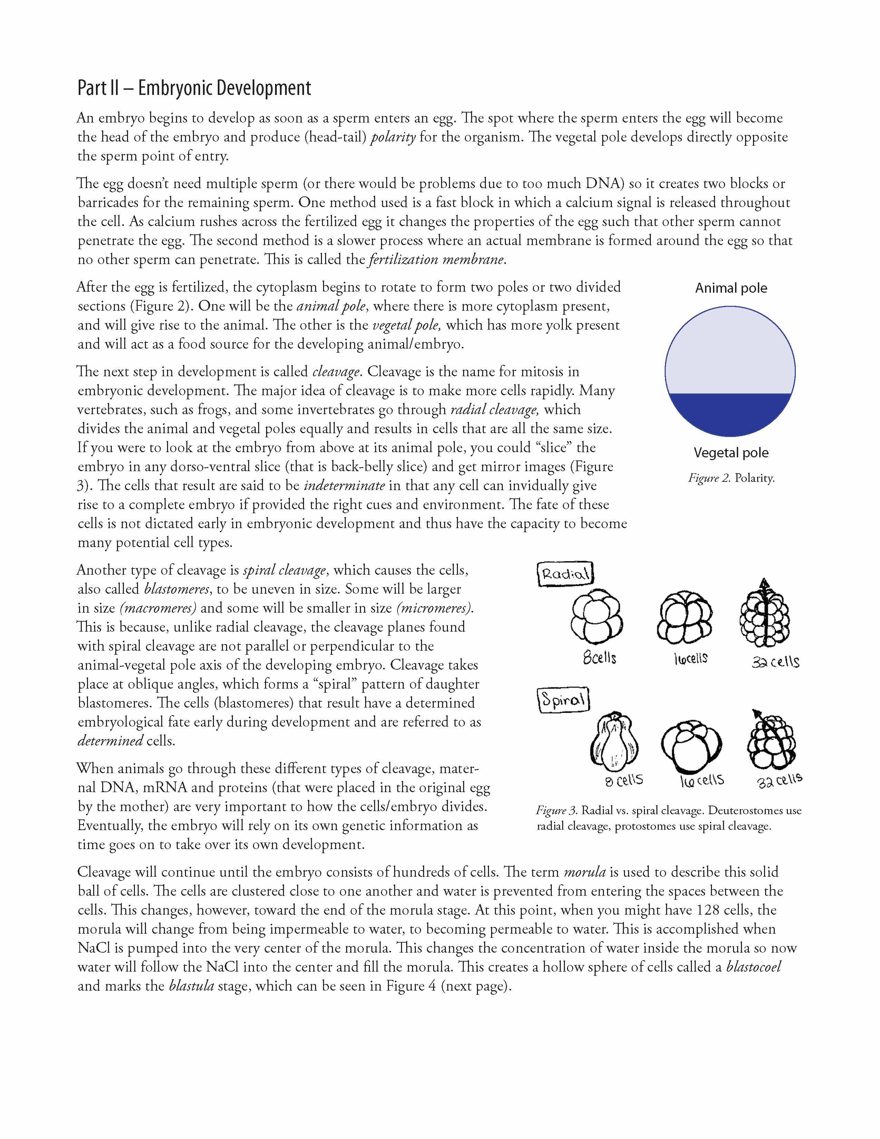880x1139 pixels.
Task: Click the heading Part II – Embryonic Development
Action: [x=194, y=88]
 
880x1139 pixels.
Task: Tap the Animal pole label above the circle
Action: [x=731, y=289]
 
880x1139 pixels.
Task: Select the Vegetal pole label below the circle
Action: [x=731, y=453]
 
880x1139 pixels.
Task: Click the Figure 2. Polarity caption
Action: [x=731, y=478]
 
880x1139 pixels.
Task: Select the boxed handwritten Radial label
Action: [x=566, y=574]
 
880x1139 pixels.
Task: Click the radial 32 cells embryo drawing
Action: [x=764, y=615]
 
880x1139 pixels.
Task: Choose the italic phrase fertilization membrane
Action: [x=436, y=260]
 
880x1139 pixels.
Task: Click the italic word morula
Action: [x=585, y=872]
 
